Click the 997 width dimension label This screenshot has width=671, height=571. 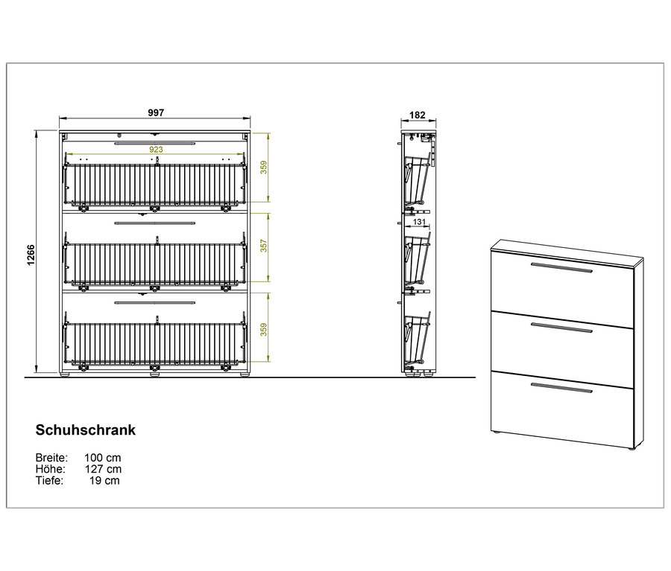[156, 112]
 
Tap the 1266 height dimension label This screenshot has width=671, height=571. [31, 255]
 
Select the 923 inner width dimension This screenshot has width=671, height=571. [156, 149]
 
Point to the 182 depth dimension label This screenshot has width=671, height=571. [418, 115]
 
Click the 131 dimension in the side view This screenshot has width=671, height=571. [419, 222]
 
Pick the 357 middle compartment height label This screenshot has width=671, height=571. [264, 246]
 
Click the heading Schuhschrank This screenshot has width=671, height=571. [86, 430]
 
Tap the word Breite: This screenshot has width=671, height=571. [51, 458]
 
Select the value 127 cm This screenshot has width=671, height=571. [103, 469]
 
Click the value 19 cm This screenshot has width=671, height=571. [105, 480]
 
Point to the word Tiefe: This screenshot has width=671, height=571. [49, 480]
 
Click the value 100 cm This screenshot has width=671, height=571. [103, 458]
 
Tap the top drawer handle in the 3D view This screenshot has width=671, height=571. [561, 267]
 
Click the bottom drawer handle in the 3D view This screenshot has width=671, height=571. [561, 388]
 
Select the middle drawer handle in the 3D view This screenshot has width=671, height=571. [561, 328]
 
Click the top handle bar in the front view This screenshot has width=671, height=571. [155, 143]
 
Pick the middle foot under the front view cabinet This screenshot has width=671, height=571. [155, 374]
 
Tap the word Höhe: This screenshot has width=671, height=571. [51, 469]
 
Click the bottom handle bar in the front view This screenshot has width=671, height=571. [155, 302]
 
